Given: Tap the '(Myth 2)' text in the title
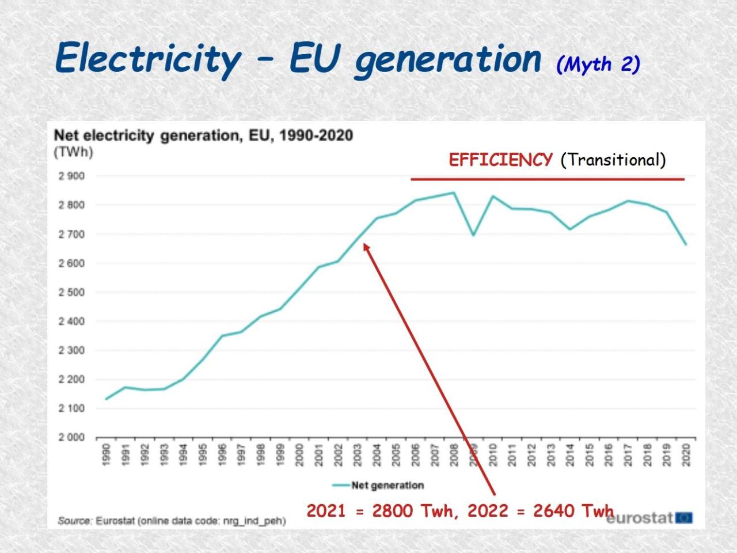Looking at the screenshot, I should [x=598, y=65].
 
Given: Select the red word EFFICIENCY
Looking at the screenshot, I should [x=500, y=160].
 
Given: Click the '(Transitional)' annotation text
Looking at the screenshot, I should [x=613, y=160].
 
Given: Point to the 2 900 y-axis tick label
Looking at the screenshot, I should [x=71, y=176].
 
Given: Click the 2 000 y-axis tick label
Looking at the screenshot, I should [x=71, y=437].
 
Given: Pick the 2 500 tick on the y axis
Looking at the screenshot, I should [x=71, y=292].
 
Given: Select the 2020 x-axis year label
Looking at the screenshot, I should [x=686, y=455].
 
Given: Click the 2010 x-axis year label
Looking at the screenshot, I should [x=493, y=455].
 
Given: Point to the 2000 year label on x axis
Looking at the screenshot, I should [x=299, y=455].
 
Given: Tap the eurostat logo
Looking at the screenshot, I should [x=649, y=518].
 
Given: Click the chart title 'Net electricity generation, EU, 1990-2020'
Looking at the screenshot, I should [x=203, y=136].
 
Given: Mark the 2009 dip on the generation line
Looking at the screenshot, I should [x=473, y=235].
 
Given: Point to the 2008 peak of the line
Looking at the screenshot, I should [x=454, y=193].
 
